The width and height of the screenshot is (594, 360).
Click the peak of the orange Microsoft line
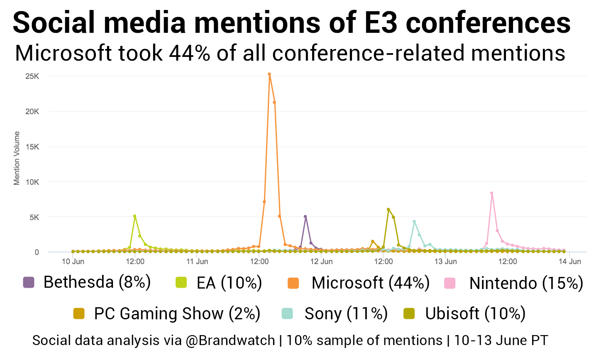[x=269, y=74]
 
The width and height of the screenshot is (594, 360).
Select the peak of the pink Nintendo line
[x=491, y=193]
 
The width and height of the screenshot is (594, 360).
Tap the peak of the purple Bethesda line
[x=305, y=216]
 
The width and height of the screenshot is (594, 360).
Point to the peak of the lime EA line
[x=134, y=216]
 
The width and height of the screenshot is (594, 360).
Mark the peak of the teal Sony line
[x=414, y=222]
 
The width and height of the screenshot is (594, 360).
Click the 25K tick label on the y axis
[x=32, y=76]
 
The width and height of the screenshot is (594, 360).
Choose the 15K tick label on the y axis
[x=32, y=147]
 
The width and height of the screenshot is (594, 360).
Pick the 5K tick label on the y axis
[x=34, y=217]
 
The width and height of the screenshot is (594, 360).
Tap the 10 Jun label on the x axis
[x=73, y=262]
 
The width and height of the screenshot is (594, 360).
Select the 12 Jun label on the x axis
[x=321, y=262]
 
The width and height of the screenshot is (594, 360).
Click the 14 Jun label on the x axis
[x=570, y=262]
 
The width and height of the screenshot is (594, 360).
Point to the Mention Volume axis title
[x=17, y=158]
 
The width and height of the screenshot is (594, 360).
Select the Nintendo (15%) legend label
[x=526, y=283]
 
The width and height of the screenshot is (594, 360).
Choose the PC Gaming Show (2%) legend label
[x=177, y=313]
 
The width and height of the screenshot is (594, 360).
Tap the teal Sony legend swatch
[x=287, y=313]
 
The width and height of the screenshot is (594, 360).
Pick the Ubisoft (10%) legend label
[x=475, y=313]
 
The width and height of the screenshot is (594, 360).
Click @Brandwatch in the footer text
[x=230, y=340]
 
